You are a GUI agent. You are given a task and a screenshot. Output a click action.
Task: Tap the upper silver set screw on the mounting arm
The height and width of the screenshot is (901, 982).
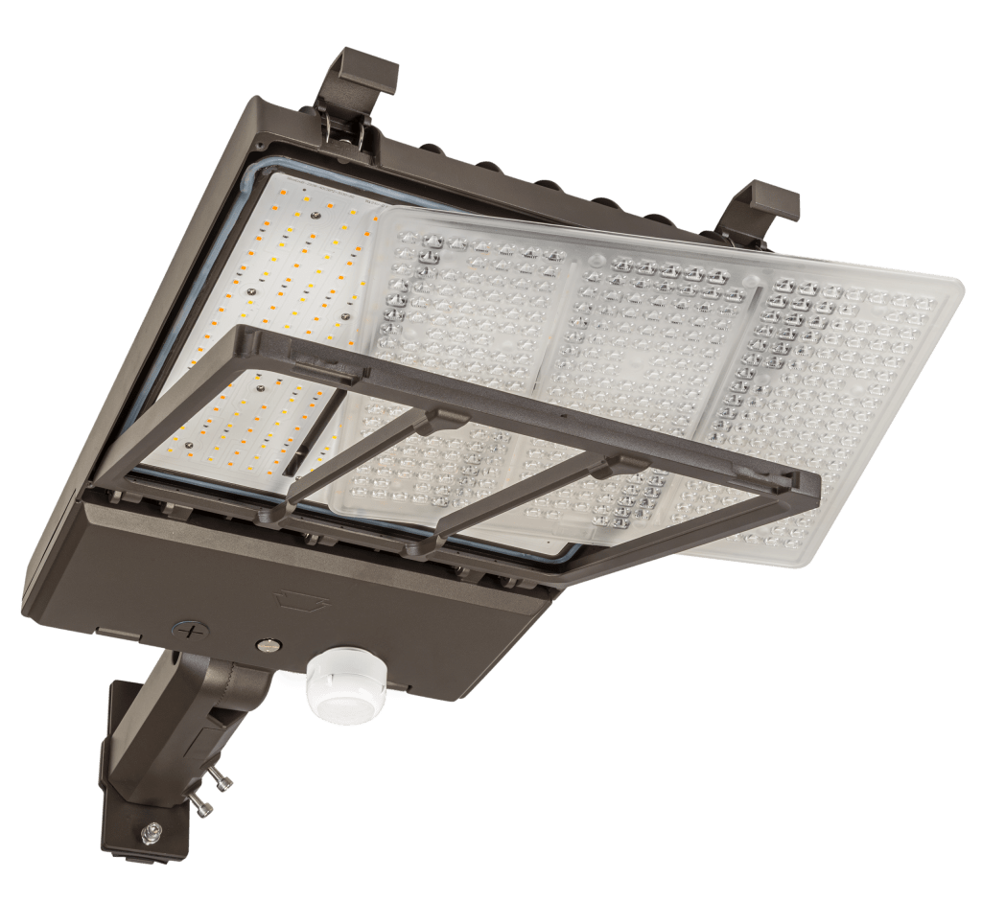coord(222,783)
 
